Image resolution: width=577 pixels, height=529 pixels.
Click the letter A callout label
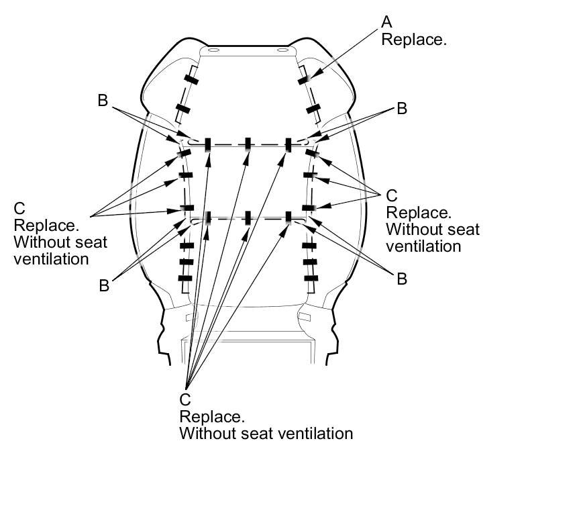pos(386,22)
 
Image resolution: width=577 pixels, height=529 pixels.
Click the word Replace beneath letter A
pos(413,39)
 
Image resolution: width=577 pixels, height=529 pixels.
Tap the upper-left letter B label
pos(103,101)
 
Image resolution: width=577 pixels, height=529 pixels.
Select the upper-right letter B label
pos(402,108)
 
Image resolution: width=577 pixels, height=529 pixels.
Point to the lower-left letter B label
pos(104,285)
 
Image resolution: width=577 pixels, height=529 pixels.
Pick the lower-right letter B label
pos(402,279)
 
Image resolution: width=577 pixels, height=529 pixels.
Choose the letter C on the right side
pos(392,196)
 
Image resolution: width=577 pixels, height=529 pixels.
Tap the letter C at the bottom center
pos(185,399)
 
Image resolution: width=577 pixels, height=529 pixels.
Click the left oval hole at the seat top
pos(213,50)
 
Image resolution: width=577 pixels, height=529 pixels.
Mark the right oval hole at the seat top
pos(281,50)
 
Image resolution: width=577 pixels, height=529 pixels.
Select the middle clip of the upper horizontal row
pos(248,143)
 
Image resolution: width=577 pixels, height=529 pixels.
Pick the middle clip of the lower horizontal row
pos(248,218)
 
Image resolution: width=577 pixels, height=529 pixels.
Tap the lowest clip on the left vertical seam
pos(185,278)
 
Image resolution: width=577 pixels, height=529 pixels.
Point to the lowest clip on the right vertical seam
pos(311,278)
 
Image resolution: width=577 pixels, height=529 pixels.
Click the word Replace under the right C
pos(419,213)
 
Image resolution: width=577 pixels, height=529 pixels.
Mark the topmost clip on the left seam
pos(191,81)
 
